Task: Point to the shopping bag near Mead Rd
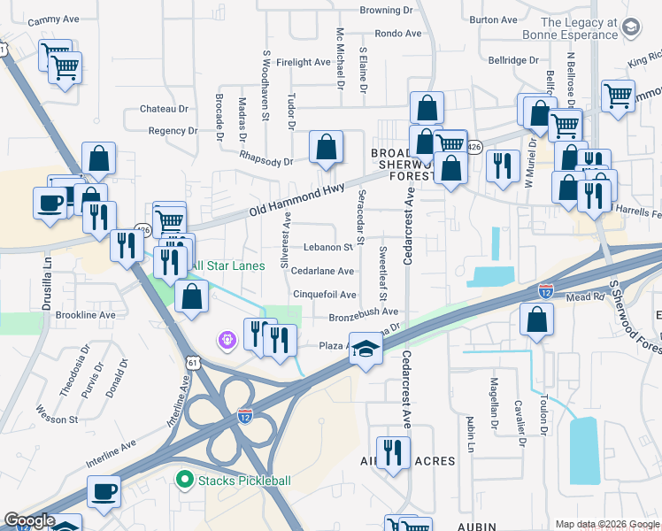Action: (x=537, y=320)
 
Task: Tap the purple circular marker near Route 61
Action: (x=227, y=339)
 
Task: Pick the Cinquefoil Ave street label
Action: (x=324, y=295)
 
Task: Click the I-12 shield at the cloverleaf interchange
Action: (x=245, y=413)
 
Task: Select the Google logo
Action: (x=29, y=520)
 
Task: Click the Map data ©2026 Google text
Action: (x=606, y=524)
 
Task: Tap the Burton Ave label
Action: (x=494, y=19)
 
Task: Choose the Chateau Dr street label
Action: (x=165, y=109)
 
